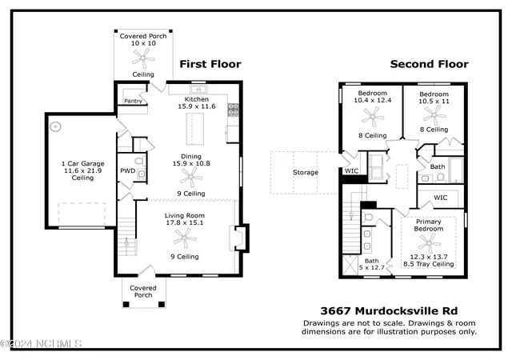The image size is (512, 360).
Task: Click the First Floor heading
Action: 210,64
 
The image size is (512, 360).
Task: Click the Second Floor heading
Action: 429,64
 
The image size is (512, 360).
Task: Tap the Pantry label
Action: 134,102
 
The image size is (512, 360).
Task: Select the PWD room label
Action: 128,170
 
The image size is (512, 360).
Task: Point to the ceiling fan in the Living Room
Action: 185,238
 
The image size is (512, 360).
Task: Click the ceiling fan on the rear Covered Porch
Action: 143,59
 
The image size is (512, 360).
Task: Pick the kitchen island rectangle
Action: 195,129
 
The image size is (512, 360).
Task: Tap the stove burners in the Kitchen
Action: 233,110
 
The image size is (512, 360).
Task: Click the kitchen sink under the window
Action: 198,89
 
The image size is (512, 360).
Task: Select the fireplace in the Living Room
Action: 240,238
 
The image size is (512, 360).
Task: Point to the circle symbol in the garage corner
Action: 56,126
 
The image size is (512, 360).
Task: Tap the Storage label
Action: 306,172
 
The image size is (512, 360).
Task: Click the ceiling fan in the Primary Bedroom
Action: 429,243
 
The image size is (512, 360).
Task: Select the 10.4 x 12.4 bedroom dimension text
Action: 373,100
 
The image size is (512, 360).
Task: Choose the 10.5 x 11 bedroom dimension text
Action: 434,102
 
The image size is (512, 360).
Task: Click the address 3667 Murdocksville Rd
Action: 389,310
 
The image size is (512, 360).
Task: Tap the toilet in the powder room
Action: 141,161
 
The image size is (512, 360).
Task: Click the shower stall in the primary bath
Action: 350,265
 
